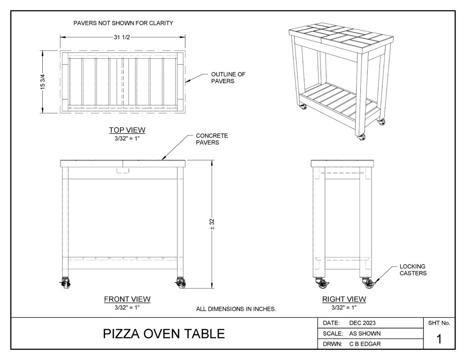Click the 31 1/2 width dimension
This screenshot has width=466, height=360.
(x=122, y=37)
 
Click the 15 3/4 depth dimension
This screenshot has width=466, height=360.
(x=43, y=82)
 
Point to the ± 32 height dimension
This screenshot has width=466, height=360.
(x=212, y=224)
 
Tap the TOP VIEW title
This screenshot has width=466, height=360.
(x=127, y=130)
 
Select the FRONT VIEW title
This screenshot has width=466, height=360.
(x=127, y=299)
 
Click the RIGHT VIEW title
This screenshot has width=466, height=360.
(x=344, y=299)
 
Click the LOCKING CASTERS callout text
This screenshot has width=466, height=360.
(x=413, y=270)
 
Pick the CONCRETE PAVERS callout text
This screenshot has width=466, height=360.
(x=212, y=139)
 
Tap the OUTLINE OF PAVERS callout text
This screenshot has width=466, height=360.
(x=228, y=77)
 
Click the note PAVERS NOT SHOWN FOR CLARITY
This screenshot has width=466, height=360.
(x=123, y=23)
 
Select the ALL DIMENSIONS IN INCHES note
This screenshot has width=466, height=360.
(x=236, y=309)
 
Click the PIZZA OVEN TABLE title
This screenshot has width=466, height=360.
(x=164, y=334)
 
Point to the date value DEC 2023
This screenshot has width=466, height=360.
(x=362, y=323)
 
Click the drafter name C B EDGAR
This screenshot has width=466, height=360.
(x=365, y=344)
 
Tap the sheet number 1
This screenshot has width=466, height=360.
(x=439, y=339)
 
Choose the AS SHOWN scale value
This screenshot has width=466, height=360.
(x=365, y=334)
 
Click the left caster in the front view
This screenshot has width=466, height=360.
(x=66, y=283)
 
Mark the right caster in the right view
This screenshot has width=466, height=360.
(x=369, y=283)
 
